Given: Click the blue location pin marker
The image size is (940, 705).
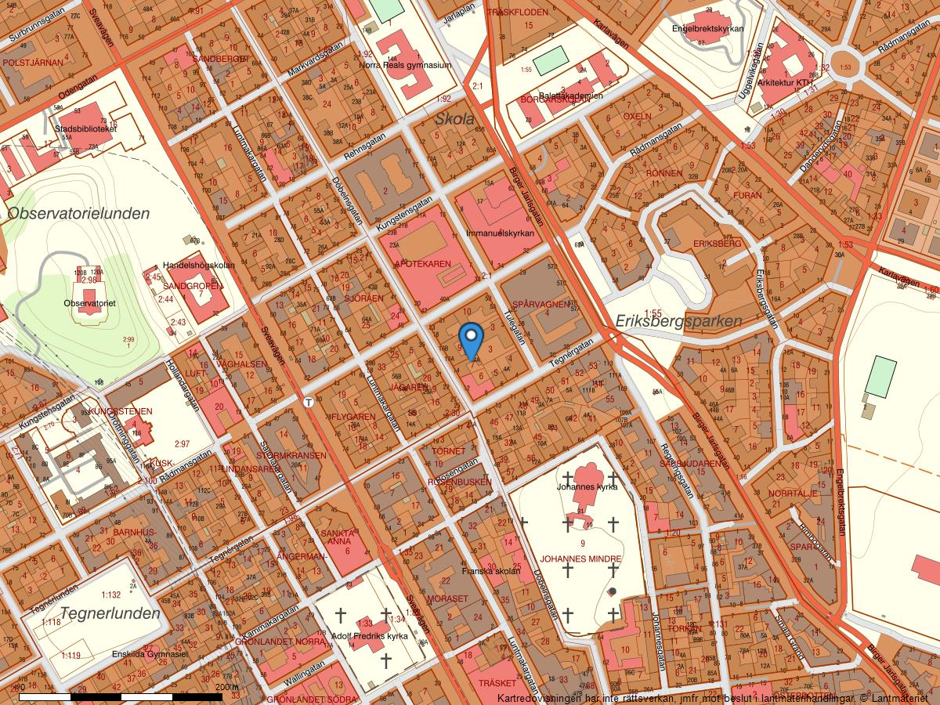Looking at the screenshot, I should coord(471,338).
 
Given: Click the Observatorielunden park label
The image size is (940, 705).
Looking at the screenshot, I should coord(78,213).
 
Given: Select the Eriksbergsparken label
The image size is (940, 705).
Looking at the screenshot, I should coord(678,322).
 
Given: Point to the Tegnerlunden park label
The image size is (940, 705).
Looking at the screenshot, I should coord(110,613).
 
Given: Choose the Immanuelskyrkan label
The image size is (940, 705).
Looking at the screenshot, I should coord(500,233).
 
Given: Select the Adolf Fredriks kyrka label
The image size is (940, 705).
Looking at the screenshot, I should coord(370,636).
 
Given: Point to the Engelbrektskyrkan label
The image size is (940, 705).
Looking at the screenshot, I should coord(707,29).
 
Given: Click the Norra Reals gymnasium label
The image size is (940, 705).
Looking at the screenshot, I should coord(405,66).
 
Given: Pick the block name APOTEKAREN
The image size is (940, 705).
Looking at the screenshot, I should coord(425,263).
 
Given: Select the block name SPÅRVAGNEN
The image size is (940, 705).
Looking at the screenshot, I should coord(540,303).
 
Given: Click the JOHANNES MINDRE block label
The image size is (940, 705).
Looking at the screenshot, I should coord(580,559).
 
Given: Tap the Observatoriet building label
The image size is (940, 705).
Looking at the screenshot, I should coord(90,302).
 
